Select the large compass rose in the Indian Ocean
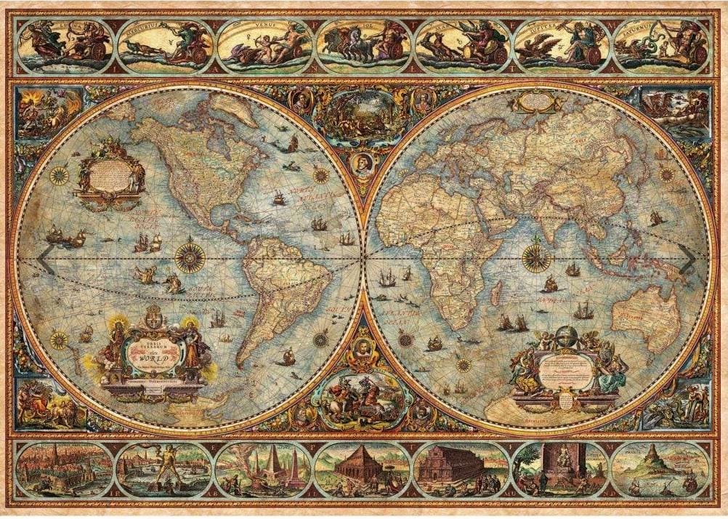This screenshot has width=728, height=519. tap(537, 258)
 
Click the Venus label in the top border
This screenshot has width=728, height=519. tap(258, 31)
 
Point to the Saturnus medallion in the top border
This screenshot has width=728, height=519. tap(660, 44)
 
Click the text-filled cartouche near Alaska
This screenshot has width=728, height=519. tap(110, 172)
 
